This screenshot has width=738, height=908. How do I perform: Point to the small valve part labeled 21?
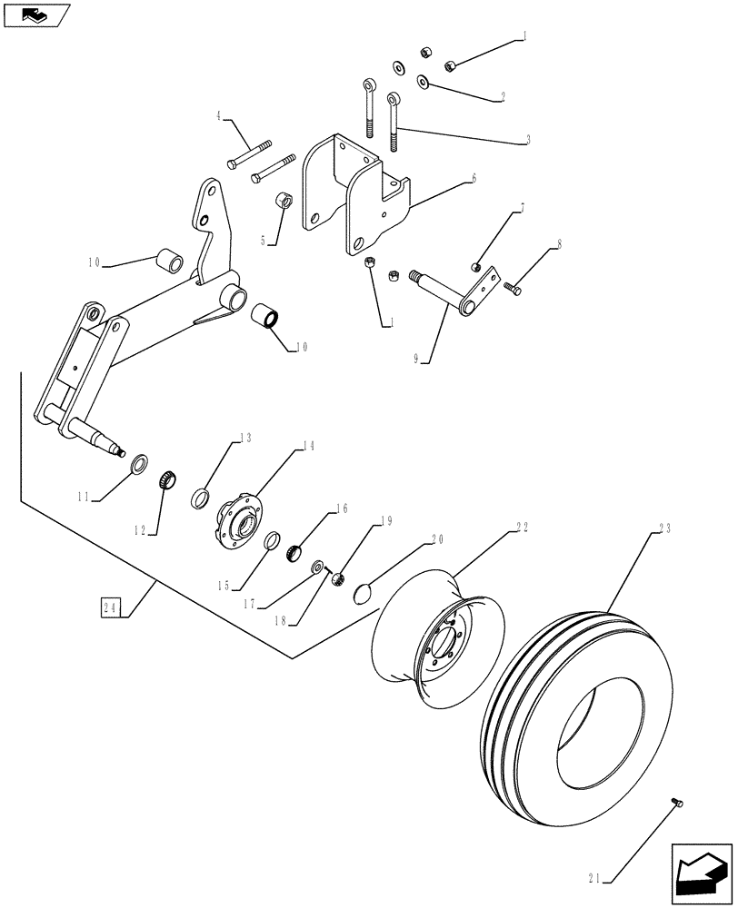click(675, 800)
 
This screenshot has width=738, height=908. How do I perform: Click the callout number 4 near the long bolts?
click(219, 116)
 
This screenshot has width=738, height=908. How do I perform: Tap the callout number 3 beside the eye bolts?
click(527, 141)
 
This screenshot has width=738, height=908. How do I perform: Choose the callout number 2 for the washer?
click(527, 95)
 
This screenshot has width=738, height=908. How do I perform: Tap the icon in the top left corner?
click(36, 15)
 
